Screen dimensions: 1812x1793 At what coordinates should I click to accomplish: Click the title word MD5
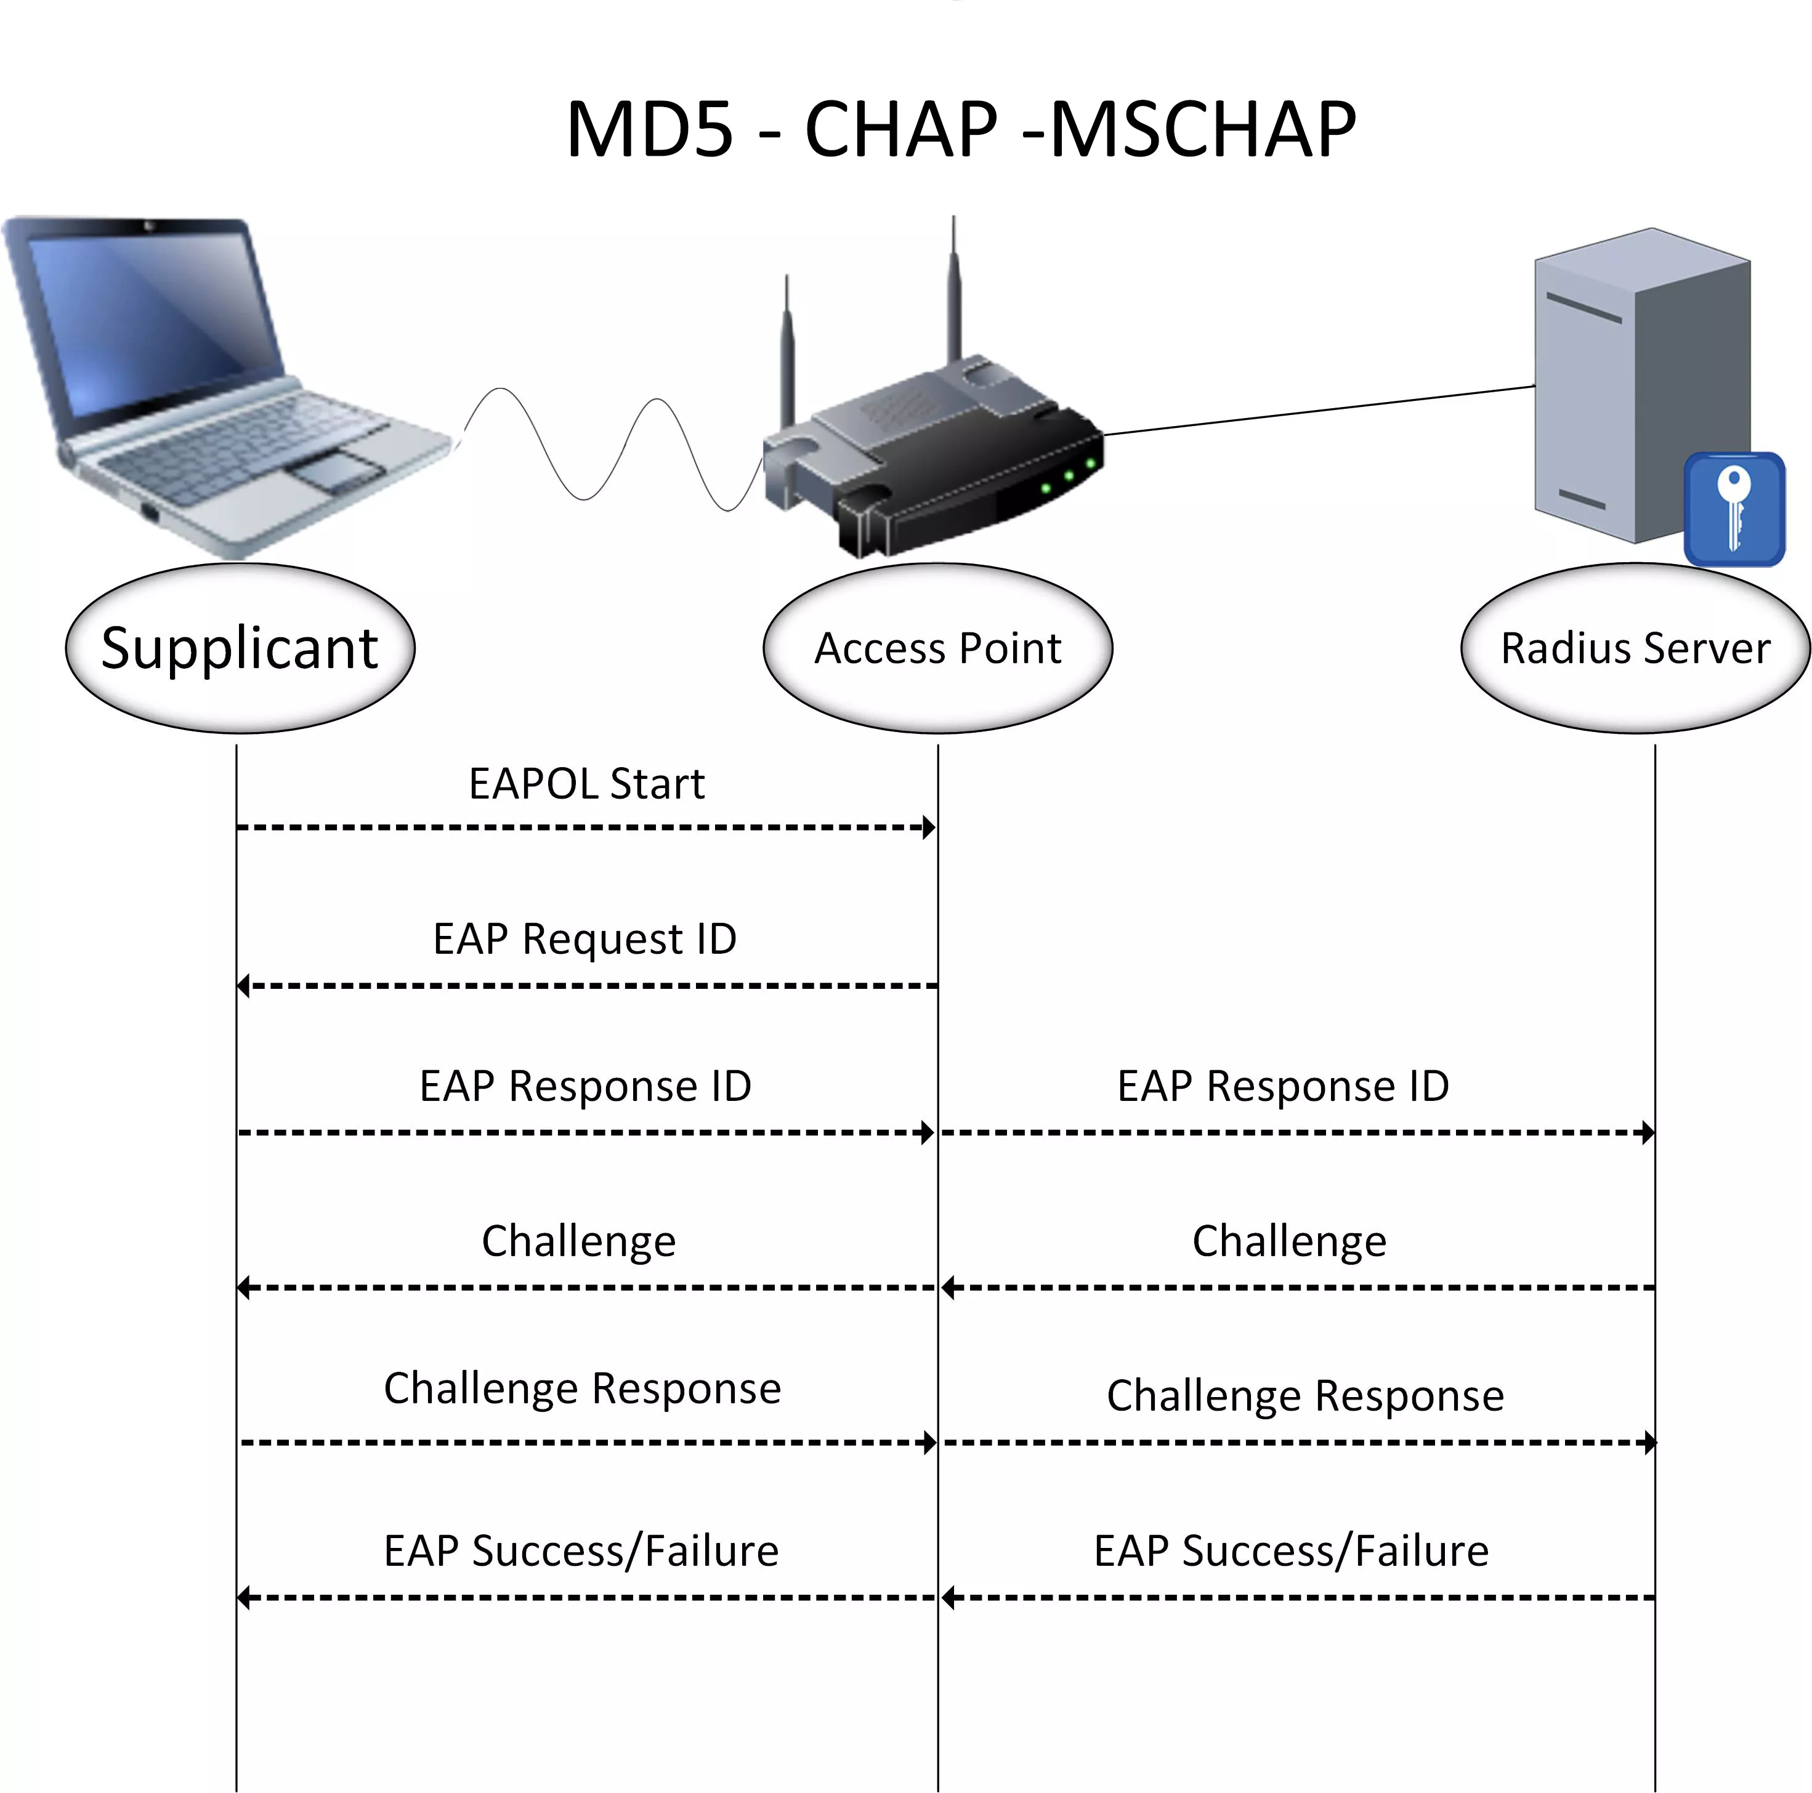[649, 129]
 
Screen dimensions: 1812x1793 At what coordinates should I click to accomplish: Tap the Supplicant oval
[240, 648]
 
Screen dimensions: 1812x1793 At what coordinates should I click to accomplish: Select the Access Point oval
[938, 648]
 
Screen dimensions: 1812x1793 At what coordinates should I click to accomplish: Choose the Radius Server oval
[1636, 648]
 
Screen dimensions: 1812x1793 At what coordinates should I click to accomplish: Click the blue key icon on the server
[1734, 509]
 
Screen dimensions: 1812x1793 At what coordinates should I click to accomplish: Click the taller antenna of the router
[954, 291]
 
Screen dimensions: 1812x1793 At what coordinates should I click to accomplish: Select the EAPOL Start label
[586, 784]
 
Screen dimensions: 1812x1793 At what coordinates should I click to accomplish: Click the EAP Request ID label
[584, 939]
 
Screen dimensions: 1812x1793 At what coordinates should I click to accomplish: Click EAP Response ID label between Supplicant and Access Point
[585, 1086]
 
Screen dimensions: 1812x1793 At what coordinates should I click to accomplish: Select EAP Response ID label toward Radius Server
[1283, 1086]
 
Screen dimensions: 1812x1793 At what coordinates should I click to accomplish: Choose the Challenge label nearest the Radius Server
[1288, 1241]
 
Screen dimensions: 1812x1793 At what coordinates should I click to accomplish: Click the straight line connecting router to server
[1320, 410]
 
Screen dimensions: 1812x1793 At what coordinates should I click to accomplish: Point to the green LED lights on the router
[1068, 477]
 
